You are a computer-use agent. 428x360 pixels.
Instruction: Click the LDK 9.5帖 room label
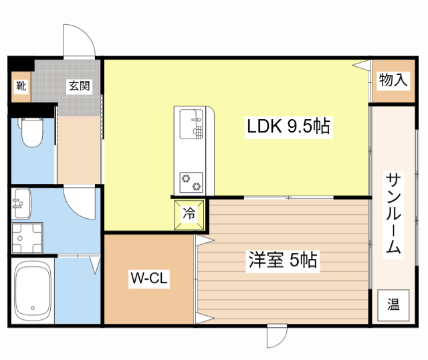[288, 126]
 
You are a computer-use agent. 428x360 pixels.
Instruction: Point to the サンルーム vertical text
[393, 213]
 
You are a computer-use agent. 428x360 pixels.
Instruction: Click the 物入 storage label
[393, 80]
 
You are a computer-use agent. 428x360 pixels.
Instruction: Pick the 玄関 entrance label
[78, 86]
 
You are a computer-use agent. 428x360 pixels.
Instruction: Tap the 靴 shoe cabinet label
[21, 86]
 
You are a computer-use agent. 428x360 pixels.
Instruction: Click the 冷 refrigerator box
[189, 214]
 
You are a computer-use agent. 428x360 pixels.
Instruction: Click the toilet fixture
[30, 132]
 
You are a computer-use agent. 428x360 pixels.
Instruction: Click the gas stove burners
[192, 181]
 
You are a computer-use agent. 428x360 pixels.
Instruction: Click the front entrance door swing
[80, 43]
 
